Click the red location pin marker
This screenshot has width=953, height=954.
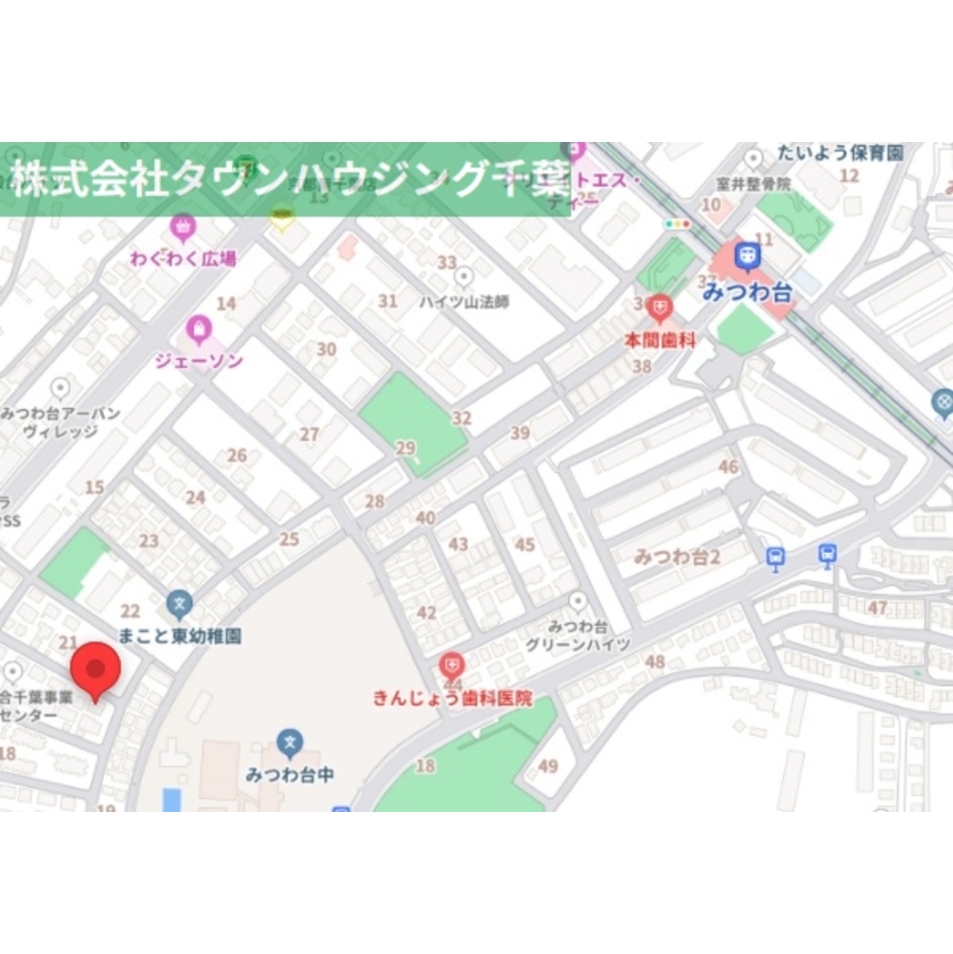point(94,669)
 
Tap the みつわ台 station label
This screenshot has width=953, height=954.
point(747,294)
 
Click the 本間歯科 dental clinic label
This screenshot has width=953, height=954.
point(659,338)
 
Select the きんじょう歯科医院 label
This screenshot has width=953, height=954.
point(453,699)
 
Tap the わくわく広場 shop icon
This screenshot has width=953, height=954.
point(182,228)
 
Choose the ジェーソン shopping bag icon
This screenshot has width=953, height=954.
point(198,331)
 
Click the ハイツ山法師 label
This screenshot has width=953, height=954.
point(464,301)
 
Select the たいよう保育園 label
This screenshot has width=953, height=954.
point(840,152)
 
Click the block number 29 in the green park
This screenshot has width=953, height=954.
point(406,448)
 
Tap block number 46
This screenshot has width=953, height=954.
point(728,467)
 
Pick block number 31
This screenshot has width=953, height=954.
point(388,301)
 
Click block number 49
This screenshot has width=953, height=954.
point(548,765)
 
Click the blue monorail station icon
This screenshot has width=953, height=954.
point(748,255)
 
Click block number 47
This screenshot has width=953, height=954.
point(878,607)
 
